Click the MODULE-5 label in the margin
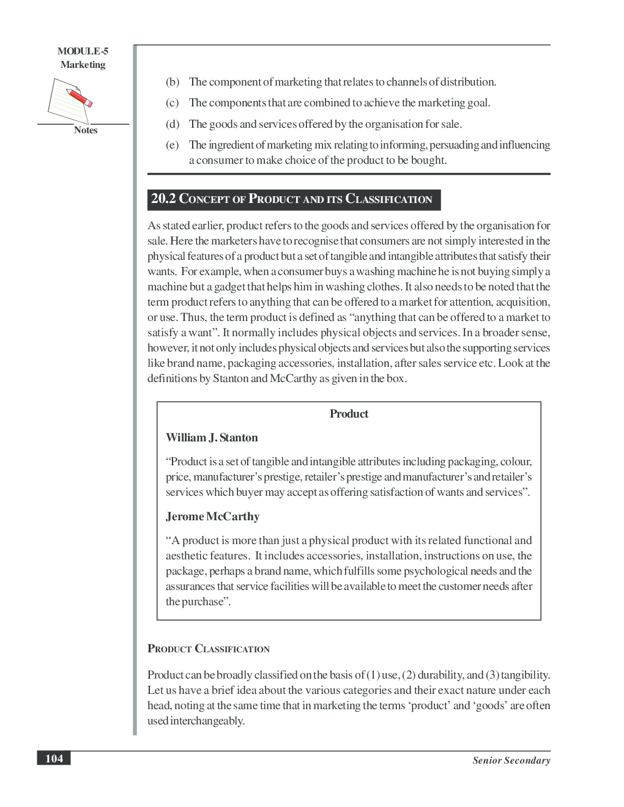click(83, 51)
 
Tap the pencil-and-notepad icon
click(71, 101)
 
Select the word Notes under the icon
click(85, 130)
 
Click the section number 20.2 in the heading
click(163, 199)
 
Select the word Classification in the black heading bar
click(389, 199)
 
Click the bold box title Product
click(349, 414)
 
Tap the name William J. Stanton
click(212, 438)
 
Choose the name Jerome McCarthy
click(212, 517)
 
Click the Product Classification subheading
click(208, 649)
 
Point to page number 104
click(54, 759)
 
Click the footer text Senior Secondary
click(511, 761)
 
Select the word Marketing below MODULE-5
click(83, 65)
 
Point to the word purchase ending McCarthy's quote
click(205, 602)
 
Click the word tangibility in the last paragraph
click(524, 675)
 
